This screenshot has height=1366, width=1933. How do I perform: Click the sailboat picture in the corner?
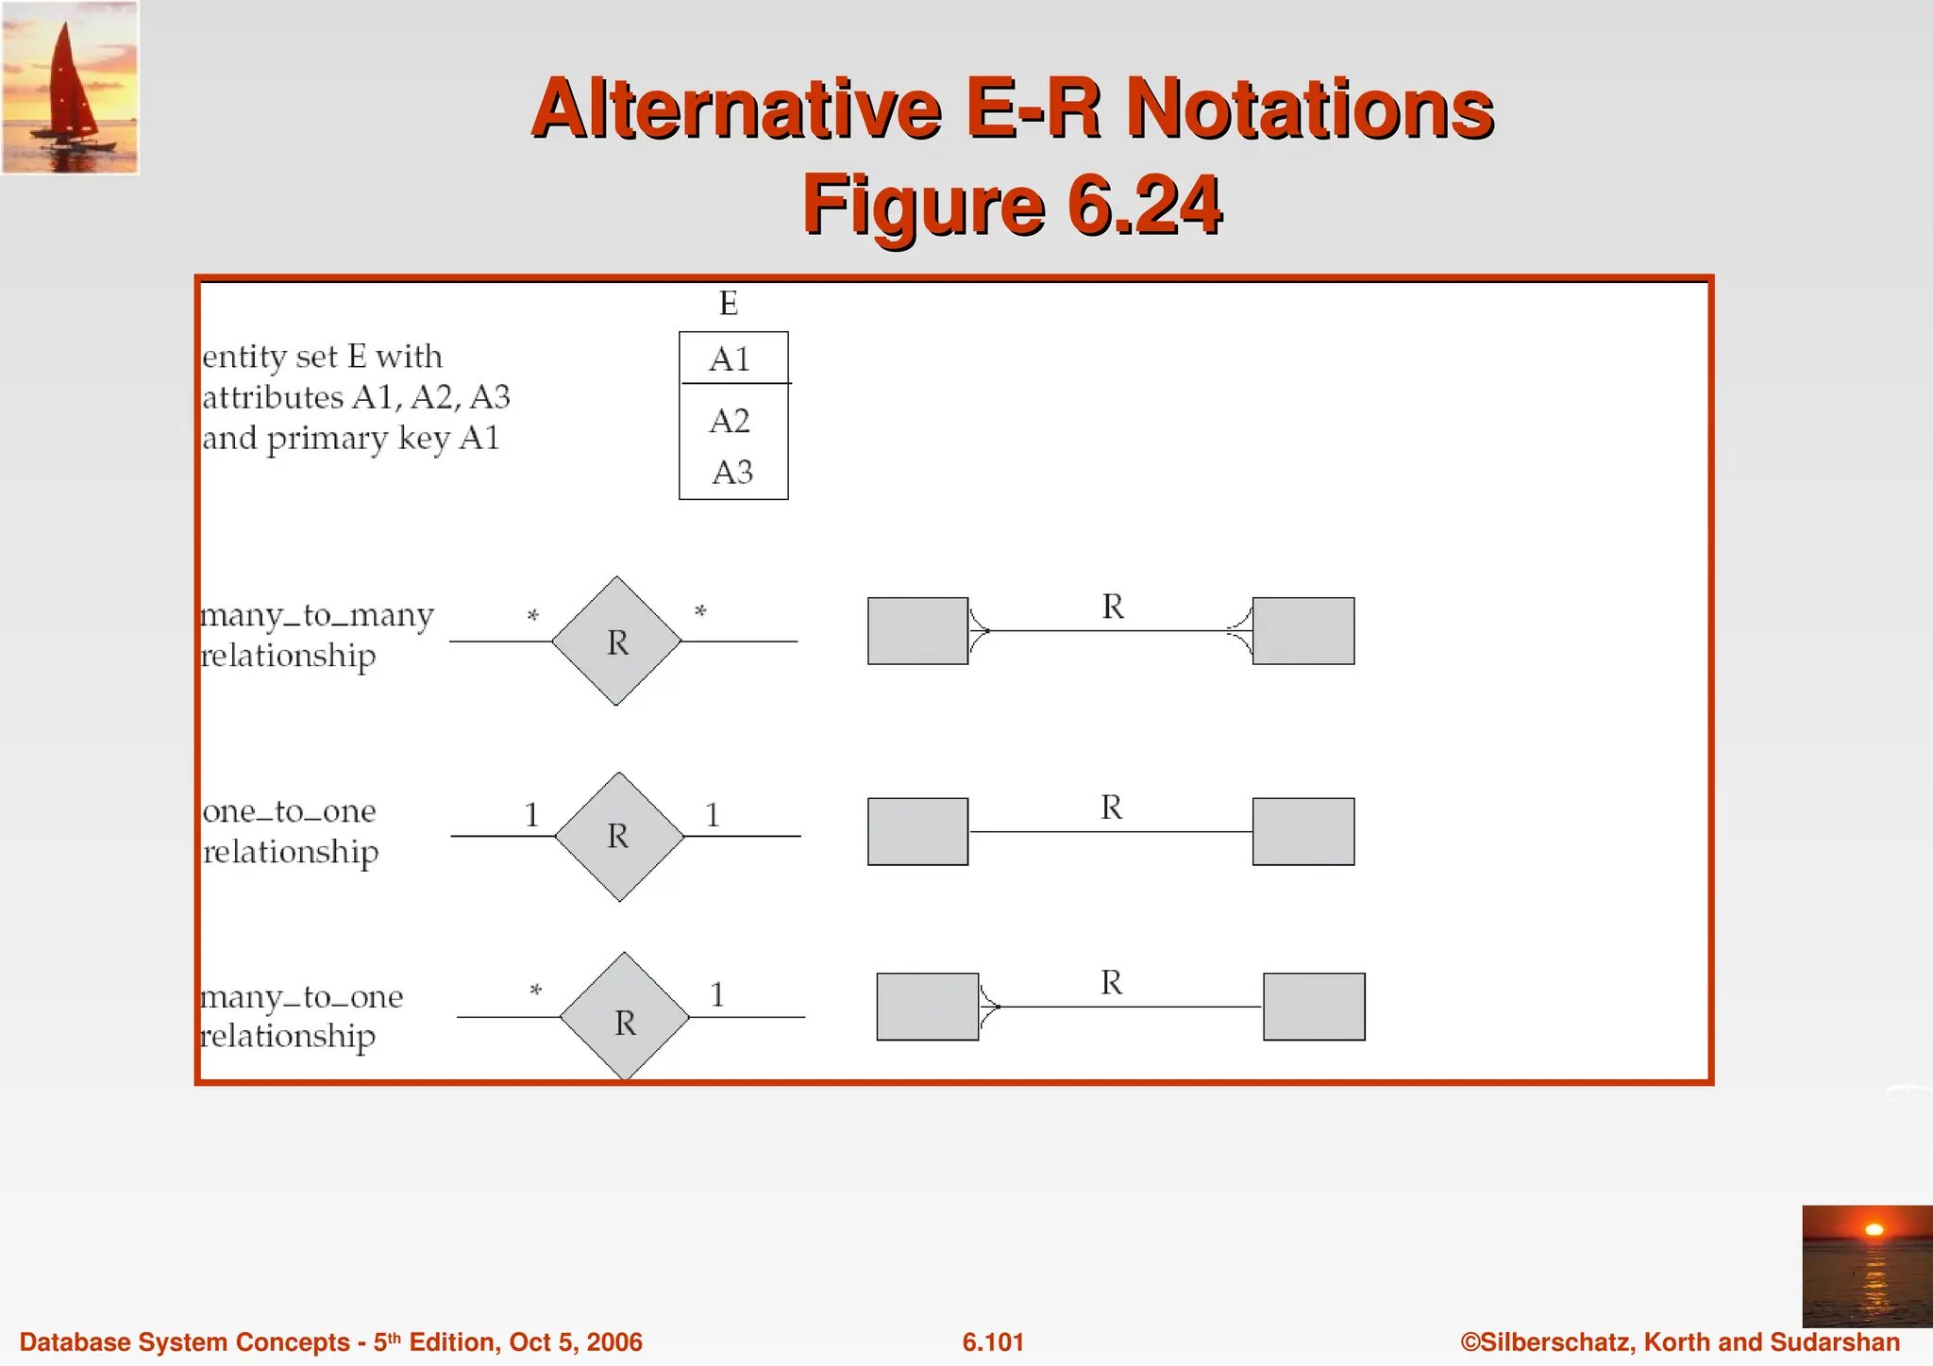coord(70,87)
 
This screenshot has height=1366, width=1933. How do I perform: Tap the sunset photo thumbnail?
coord(1866,1265)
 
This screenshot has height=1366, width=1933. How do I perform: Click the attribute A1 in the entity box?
coord(730,359)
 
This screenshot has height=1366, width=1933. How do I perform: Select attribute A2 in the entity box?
coord(730,421)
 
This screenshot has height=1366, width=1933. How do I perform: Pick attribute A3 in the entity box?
coord(732,472)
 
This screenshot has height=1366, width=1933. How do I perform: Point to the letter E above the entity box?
coord(728,304)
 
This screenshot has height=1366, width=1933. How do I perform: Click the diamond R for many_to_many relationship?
coord(616,641)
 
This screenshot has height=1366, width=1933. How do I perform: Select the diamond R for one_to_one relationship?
coord(619,836)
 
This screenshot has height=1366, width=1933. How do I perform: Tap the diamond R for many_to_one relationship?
coord(625,1017)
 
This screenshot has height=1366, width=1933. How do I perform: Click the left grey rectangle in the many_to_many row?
coord(917,631)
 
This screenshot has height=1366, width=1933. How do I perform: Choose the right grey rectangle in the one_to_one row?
coord(1303,832)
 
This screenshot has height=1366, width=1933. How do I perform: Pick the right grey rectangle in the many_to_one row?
coord(1314,1007)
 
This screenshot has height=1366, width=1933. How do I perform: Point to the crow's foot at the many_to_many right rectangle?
coord(1240,630)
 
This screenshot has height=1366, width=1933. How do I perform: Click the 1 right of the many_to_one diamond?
coord(717,994)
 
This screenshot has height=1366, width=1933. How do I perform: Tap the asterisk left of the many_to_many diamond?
coord(532,616)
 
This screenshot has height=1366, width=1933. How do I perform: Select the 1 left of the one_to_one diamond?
coord(531,814)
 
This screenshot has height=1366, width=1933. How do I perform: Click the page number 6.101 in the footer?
coord(993,1341)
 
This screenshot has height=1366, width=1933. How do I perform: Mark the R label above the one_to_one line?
coord(1111,808)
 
